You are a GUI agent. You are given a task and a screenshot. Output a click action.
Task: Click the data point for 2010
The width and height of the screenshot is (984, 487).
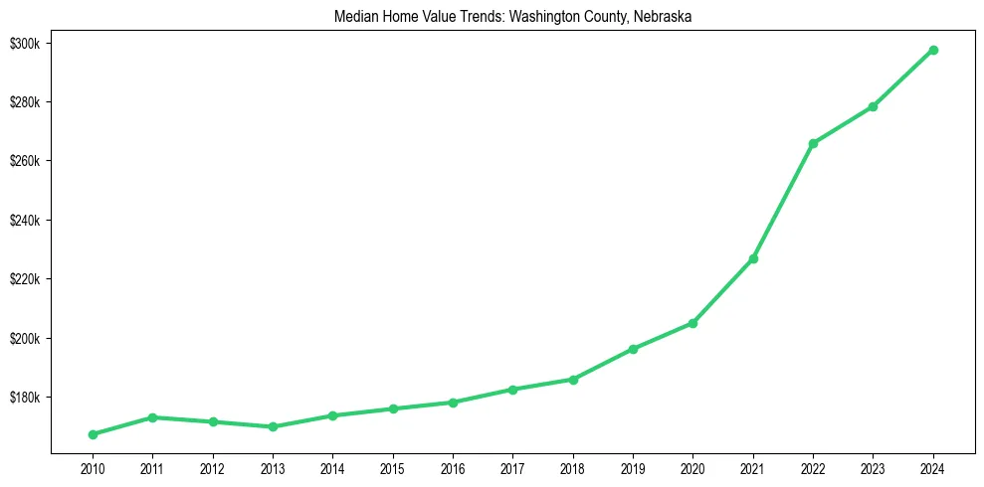click(x=93, y=434)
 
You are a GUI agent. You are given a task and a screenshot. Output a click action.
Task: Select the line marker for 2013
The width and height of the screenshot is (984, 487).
click(x=273, y=427)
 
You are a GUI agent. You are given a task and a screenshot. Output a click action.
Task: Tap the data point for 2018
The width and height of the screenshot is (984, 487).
click(x=573, y=380)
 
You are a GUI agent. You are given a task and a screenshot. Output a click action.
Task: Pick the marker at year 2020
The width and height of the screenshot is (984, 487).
click(x=692, y=323)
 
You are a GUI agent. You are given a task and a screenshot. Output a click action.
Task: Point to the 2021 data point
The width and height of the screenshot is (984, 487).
click(x=753, y=258)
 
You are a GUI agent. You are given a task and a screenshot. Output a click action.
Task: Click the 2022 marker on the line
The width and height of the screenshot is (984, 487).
click(x=813, y=143)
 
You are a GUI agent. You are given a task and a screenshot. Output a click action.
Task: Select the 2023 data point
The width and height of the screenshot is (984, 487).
click(x=873, y=106)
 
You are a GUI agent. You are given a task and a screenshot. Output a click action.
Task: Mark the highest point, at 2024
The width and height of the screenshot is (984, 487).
click(x=933, y=50)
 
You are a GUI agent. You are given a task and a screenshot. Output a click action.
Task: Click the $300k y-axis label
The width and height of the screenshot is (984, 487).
click(x=24, y=44)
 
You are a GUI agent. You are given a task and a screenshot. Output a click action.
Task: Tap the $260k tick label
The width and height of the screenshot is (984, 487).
click(x=24, y=161)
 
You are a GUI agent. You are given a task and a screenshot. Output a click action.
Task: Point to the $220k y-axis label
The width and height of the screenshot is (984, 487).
click(x=24, y=279)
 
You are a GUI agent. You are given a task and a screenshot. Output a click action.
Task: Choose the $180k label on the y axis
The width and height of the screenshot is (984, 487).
click(x=24, y=398)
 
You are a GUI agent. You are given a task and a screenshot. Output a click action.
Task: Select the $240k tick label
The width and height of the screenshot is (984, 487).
click(x=24, y=221)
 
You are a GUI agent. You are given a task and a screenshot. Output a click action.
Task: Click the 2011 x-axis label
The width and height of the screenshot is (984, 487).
click(x=152, y=468)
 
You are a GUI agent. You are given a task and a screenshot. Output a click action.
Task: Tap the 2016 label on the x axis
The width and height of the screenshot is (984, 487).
click(x=453, y=468)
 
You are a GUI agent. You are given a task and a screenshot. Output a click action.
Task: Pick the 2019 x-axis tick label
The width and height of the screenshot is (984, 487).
click(x=633, y=468)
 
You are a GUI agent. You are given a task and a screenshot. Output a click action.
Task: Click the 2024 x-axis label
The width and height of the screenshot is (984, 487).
click(x=933, y=468)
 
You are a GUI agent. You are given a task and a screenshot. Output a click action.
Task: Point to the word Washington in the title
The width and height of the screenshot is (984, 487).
click(x=545, y=16)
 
